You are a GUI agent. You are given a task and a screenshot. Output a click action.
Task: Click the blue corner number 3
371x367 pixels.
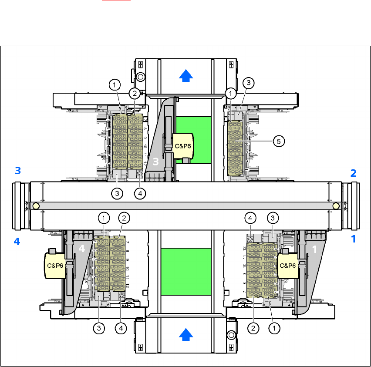click(x=17, y=171)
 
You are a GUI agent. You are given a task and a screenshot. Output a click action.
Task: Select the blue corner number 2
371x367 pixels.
click(x=354, y=173)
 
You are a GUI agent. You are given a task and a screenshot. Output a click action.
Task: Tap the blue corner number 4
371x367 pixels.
click(x=17, y=241)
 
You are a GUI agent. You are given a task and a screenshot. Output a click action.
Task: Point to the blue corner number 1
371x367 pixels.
click(x=354, y=239)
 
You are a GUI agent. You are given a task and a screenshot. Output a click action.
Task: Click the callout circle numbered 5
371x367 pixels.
click(x=279, y=141)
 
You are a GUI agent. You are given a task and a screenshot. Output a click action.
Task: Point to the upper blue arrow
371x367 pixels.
click(x=186, y=76)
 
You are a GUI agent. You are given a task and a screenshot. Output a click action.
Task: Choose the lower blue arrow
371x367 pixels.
click(x=186, y=334)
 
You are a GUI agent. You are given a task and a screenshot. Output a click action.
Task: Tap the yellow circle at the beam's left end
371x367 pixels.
click(x=36, y=205)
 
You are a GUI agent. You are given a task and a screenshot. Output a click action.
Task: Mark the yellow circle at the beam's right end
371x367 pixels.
click(x=336, y=205)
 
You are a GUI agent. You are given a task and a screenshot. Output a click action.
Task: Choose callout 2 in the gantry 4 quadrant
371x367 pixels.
click(x=124, y=217)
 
